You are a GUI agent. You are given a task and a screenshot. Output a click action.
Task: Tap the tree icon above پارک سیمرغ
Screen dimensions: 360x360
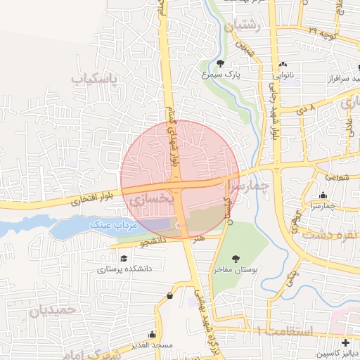point(220,63)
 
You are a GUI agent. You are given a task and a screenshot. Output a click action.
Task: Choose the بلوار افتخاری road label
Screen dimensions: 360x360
point(86,200)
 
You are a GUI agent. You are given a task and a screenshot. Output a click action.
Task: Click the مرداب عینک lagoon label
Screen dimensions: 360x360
point(111,224)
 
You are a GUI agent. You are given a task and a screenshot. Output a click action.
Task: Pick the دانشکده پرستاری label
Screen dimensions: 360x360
point(121,269)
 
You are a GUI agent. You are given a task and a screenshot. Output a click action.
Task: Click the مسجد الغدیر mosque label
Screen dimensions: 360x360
point(151,346)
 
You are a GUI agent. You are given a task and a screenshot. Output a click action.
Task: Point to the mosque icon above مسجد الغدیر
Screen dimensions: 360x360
point(151,335)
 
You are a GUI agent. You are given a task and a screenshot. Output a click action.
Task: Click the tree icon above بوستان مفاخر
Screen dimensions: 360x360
point(234,259)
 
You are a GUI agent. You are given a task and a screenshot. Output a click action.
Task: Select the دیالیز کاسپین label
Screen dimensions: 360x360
point(337,353)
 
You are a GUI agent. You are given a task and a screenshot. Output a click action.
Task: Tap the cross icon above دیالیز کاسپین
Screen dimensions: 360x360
point(344,342)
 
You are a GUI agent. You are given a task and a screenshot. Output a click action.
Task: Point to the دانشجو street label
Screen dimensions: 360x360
point(154,241)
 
